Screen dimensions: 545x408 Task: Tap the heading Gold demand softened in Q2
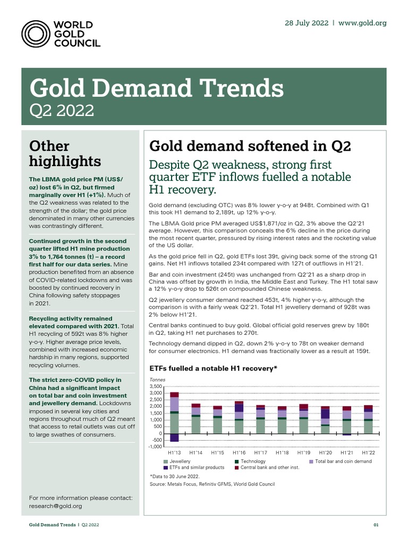(x=250, y=146)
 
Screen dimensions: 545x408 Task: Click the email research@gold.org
(x=55, y=506)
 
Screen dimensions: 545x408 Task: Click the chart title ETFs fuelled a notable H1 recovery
(x=214, y=368)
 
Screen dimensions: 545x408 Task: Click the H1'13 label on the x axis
(x=174, y=453)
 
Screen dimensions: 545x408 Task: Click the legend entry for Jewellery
(x=180, y=461)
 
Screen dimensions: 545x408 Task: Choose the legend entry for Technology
(x=253, y=461)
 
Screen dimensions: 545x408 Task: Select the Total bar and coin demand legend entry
(x=343, y=461)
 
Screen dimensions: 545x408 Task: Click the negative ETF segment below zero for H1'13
(x=174, y=437)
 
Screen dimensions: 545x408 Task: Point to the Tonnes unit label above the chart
(x=158, y=380)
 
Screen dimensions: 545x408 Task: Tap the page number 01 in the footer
(x=376, y=525)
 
